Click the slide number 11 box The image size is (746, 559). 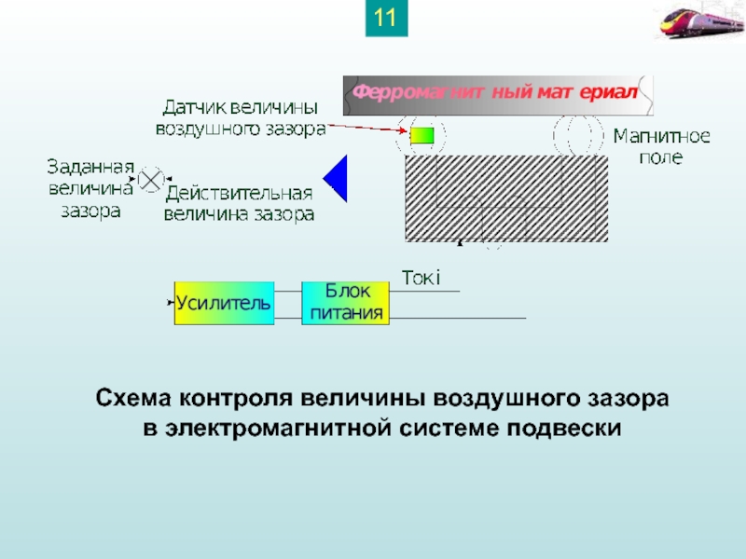tap(386, 19)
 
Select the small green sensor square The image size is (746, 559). tap(422, 136)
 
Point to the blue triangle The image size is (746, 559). tap(338, 178)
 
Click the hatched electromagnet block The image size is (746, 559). tap(506, 198)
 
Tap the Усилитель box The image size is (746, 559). tap(224, 303)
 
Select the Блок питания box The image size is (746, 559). tap(346, 303)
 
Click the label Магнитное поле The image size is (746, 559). tap(661, 147)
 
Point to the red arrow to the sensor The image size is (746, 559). tap(364, 130)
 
